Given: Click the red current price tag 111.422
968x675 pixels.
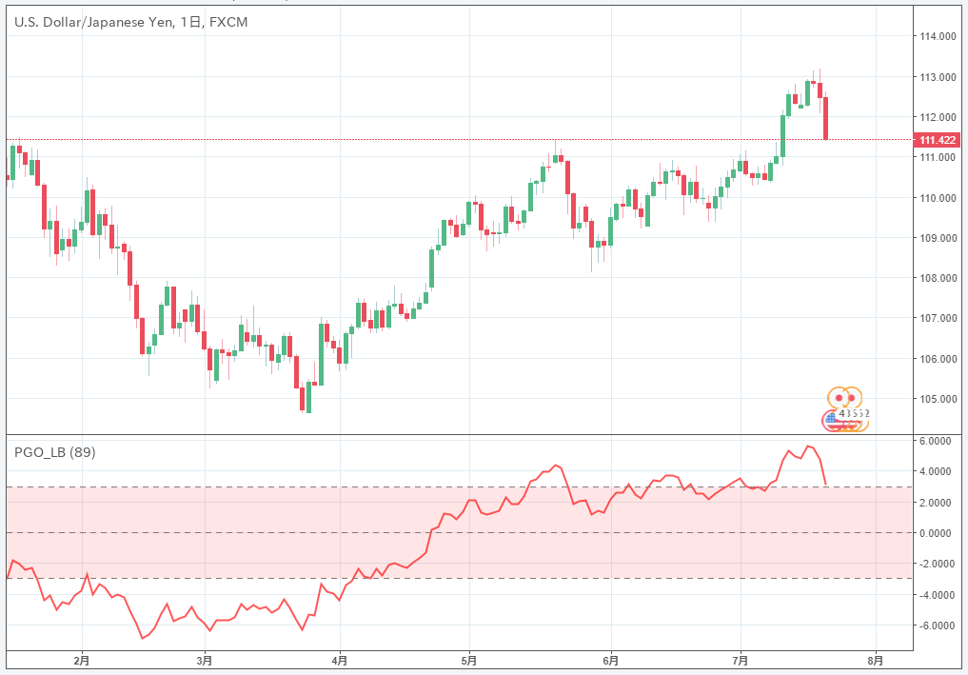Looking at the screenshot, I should coord(938,140).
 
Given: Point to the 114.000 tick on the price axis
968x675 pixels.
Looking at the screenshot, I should coord(937,36).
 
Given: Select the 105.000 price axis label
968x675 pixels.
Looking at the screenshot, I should coord(937,399).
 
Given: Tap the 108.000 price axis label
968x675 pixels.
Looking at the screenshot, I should coord(937,278).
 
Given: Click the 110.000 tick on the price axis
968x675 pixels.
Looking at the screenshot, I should coord(937,198).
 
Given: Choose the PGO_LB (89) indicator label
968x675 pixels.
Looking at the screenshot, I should coord(54,452).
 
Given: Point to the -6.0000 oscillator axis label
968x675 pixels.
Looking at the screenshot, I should coord(935,625).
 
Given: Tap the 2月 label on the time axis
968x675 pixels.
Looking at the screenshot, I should coord(82,659).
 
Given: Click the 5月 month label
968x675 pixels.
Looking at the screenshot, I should coord(468,659).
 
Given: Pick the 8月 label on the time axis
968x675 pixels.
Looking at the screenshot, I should coord(877,659).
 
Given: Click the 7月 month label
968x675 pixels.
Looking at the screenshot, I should coord(741,659).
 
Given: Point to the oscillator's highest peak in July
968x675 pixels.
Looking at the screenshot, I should coord(808,446).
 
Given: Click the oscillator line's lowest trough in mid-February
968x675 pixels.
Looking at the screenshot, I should coord(143,638).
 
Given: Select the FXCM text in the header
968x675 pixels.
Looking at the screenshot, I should coord(227,22).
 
